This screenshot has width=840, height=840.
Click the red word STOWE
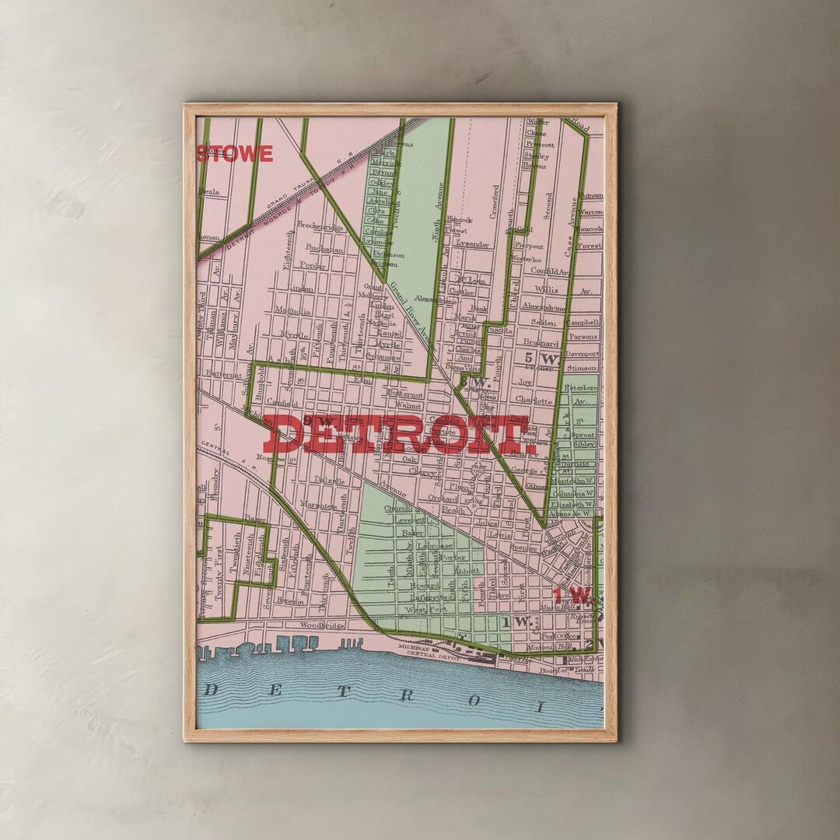click(x=234, y=154)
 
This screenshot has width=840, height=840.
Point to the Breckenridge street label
click(x=321, y=228)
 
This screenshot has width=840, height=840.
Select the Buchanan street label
click(x=325, y=249)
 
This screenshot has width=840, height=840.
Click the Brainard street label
click(x=541, y=342)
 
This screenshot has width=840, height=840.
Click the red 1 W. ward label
click(x=572, y=597)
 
